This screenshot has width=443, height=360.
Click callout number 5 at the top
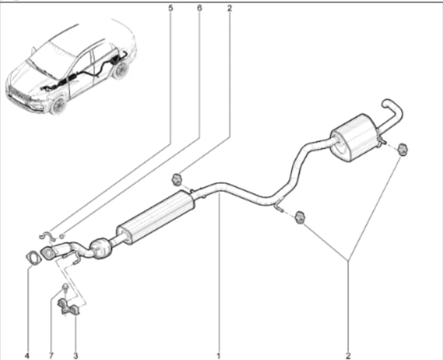pyautogui.click(x=171, y=8)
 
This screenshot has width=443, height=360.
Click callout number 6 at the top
pyautogui.click(x=200, y=8)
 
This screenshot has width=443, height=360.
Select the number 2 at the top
pyautogui.click(x=229, y=8)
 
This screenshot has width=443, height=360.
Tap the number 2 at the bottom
pyautogui.click(x=348, y=355)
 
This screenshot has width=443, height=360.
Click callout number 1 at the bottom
pyautogui.click(x=218, y=355)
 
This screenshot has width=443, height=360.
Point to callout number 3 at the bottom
pyautogui.click(x=75, y=355)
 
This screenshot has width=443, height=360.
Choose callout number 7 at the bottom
pyautogui.click(x=51, y=355)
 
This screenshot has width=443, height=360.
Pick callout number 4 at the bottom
pyautogui.click(x=27, y=355)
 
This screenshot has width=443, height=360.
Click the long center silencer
pyautogui.click(x=155, y=217)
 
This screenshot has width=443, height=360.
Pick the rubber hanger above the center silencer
pyautogui.click(x=176, y=179)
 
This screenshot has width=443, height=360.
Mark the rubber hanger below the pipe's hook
pyautogui.click(x=299, y=217)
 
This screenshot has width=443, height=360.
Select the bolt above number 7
pyautogui.click(x=65, y=287)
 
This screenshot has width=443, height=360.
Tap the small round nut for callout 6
pyautogui.click(x=62, y=235)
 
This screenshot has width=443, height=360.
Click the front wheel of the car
pyautogui.click(x=59, y=105)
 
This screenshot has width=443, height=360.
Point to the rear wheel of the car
pyautogui.click(x=121, y=70)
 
